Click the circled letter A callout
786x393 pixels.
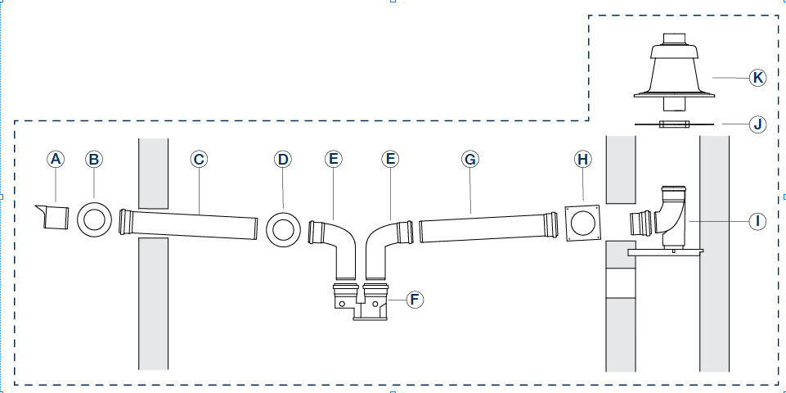[56, 159]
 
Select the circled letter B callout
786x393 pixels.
[94, 159]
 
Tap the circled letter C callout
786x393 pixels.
[198, 159]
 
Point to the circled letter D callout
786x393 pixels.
[283, 159]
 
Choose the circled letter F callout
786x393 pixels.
[415, 299]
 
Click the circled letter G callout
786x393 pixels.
[469, 159]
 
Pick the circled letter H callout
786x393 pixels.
[582, 159]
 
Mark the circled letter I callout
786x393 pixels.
[757, 220]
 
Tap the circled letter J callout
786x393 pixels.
[757, 124]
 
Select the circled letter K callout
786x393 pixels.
[757, 78]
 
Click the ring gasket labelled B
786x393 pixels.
[95, 220]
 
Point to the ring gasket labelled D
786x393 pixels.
[283, 227]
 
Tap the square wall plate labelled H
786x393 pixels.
[583, 223]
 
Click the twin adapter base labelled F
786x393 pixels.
[359, 301]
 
